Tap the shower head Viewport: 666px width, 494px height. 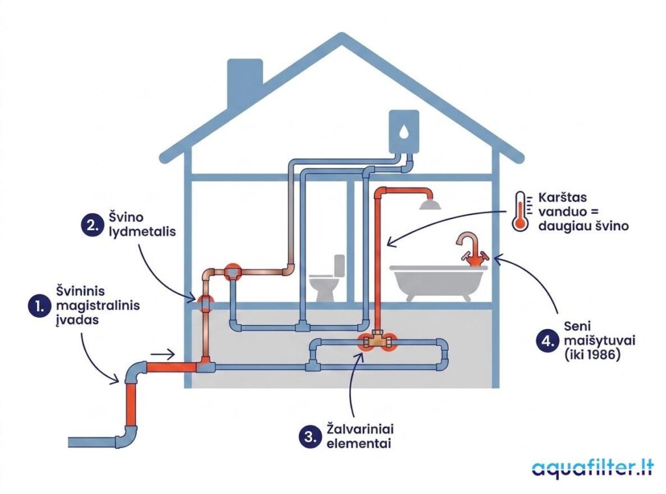429,205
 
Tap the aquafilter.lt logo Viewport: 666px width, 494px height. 593,469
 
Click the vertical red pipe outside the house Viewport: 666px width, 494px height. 131,404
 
